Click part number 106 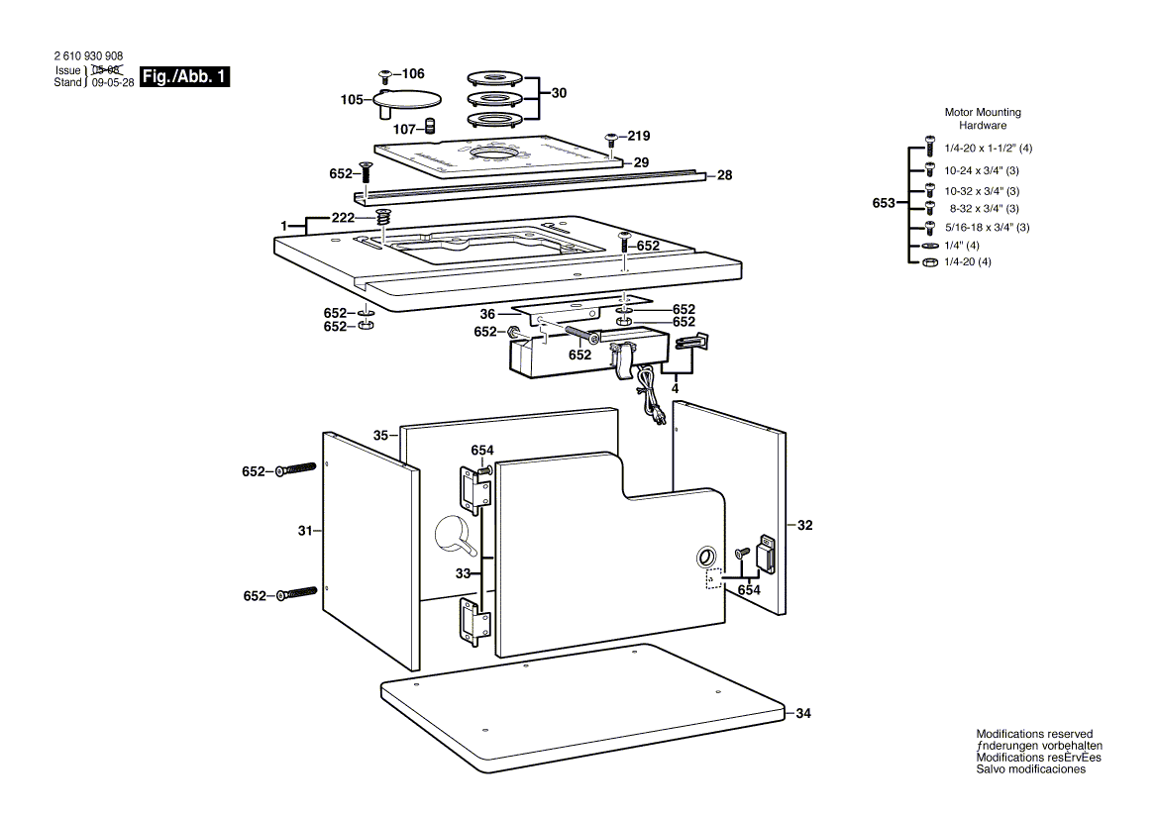point(412,74)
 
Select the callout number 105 point(352,100)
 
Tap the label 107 point(404,129)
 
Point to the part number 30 point(559,93)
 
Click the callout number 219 point(639,137)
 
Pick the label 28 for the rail point(724,175)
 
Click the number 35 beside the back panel point(380,435)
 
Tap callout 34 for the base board point(803,713)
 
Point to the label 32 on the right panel point(804,526)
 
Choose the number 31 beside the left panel point(305,532)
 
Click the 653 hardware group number point(884,204)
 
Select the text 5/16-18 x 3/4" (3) point(987,228)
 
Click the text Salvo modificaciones point(1030,769)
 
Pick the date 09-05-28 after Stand point(112,84)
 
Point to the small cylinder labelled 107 point(431,126)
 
